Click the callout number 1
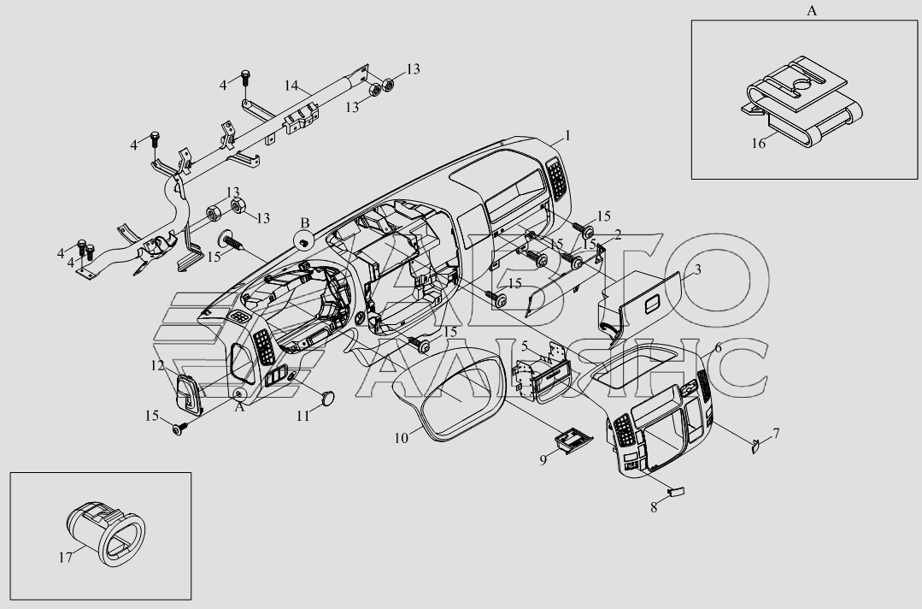[567, 136]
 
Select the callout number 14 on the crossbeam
[291, 86]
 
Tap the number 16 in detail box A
[759, 143]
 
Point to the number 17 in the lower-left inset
[65, 557]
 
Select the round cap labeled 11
[327, 399]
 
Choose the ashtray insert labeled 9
[572, 442]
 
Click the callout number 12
[157, 365]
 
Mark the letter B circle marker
[304, 240]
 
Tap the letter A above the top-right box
[812, 10]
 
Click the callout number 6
[718, 348]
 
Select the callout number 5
[525, 346]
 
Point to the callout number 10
[401, 439]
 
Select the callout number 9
[543, 460]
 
